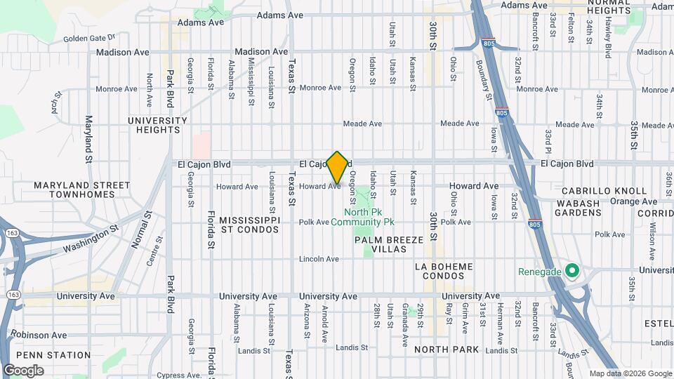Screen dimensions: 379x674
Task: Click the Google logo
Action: [x=23, y=371]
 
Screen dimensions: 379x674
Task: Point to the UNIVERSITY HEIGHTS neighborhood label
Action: [x=157, y=125]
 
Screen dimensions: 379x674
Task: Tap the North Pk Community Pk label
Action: [x=369, y=217]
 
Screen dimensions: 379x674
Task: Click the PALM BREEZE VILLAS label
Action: [x=389, y=245]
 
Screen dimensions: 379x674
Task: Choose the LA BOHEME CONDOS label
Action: [x=444, y=271]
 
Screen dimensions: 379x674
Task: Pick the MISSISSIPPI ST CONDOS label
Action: [x=250, y=224]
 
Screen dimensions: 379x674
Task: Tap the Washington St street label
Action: [x=89, y=239]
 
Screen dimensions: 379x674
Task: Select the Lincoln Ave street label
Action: [x=319, y=259]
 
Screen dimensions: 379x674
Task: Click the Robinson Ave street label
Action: [x=39, y=335]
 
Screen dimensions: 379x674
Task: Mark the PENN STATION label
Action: [x=44, y=355]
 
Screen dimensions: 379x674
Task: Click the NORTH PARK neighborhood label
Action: [x=447, y=350]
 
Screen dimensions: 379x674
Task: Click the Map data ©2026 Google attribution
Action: [x=630, y=373]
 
